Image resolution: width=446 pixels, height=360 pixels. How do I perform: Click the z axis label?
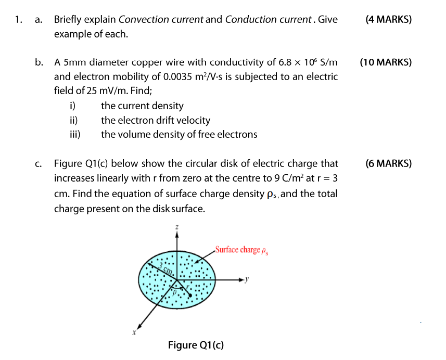(177, 227)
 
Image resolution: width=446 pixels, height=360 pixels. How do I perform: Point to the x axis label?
(134, 332)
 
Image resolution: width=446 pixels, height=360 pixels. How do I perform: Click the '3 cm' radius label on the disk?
(166, 268)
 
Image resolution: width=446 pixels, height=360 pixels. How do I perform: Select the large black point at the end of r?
(190, 295)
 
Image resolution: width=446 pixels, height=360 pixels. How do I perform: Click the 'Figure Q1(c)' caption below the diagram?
(196, 345)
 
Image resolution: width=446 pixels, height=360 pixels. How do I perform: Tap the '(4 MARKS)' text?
(388, 20)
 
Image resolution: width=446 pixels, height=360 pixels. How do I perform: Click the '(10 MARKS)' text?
(386, 62)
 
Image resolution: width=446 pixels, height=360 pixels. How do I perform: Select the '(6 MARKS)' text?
(388, 163)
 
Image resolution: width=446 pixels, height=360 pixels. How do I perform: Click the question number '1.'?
(19, 20)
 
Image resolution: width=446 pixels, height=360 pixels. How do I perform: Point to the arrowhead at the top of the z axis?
(177, 235)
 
